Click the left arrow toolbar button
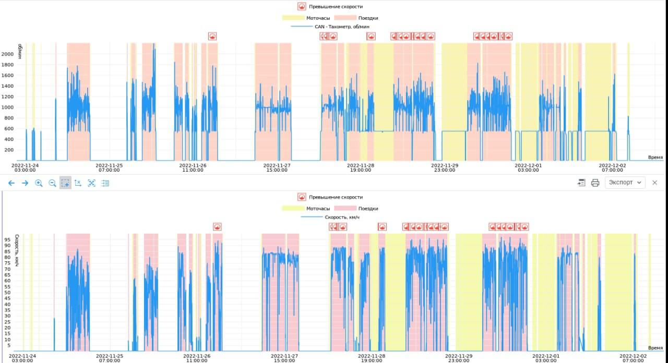click(x=11, y=183)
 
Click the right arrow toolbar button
click(x=25, y=183)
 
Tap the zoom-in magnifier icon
click(x=39, y=183)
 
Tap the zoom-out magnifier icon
click(x=52, y=183)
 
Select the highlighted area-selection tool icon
click(x=65, y=183)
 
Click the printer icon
click(x=595, y=183)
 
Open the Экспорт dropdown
click(x=625, y=183)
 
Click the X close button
click(x=655, y=183)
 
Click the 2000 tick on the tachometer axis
click(x=7, y=54)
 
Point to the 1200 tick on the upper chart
click(x=7, y=96)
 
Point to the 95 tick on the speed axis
click(x=7, y=240)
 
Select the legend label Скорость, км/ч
click(x=342, y=217)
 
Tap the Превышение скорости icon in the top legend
click(x=302, y=7)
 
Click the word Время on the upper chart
click(x=655, y=157)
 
